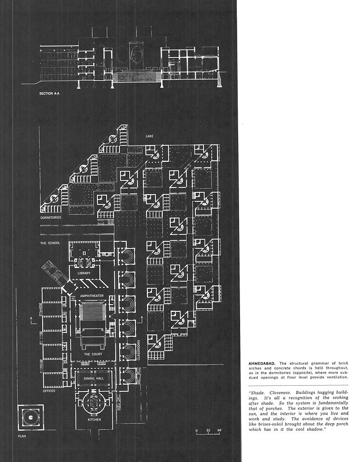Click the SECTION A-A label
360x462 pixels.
point(50,94)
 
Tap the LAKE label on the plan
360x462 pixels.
point(149,136)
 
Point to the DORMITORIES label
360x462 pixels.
point(51,217)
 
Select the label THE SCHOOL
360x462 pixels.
point(50,243)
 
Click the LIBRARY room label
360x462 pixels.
point(84,273)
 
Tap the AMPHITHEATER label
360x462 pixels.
point(92,296)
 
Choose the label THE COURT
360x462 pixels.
point(93,354)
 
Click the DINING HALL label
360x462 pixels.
point(94,379)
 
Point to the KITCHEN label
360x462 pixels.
point(95,420)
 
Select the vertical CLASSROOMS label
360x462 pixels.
point(139,350)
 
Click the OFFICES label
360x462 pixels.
point(49,391)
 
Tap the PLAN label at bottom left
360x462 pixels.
point(22,436)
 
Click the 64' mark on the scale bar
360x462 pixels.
point(220,430)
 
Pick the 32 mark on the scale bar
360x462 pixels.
point(208,430)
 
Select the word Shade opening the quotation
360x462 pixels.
point(258,393)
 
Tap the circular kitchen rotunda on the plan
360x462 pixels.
point(94,403)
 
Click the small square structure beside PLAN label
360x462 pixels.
point(31,417)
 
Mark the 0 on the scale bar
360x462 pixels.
point(197,430)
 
